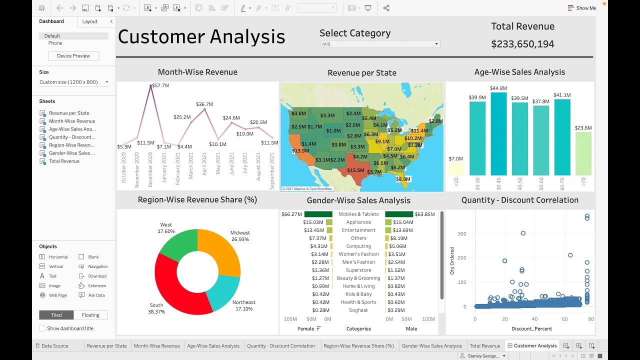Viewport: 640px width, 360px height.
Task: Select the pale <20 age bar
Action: point(456,168)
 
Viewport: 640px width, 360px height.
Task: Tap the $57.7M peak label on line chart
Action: point(160,85)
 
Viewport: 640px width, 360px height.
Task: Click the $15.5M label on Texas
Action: point(355,170)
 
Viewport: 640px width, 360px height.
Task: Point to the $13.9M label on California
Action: point(300,150)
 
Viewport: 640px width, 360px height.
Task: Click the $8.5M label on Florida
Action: point(402,179)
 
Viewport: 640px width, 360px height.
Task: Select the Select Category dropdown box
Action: point(380,44)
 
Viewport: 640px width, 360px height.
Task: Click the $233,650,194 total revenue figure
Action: point(522,44)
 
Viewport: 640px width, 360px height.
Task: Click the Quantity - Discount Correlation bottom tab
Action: point(281,345)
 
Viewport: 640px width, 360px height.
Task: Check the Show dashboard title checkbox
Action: point(42,328)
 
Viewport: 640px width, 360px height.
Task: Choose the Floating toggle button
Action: point(90,315)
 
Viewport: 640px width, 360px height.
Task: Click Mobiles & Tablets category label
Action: point(358,214)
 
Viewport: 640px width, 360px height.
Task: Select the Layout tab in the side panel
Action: point(90,21)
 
